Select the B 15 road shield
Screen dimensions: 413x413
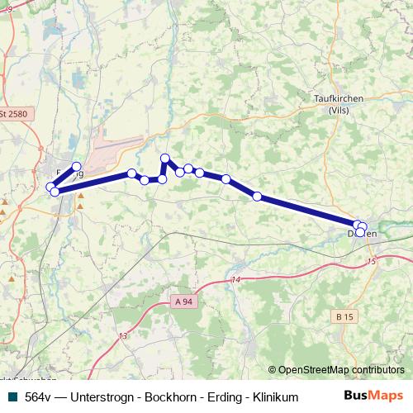point(344,316)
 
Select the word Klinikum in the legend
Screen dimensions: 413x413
point(250,397)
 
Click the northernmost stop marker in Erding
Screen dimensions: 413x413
point(77,166)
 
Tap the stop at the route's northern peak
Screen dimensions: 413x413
point(165,158)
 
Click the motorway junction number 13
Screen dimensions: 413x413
point(122,335)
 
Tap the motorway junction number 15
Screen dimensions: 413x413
point(372,261)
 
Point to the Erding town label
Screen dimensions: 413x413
point(69,173)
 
